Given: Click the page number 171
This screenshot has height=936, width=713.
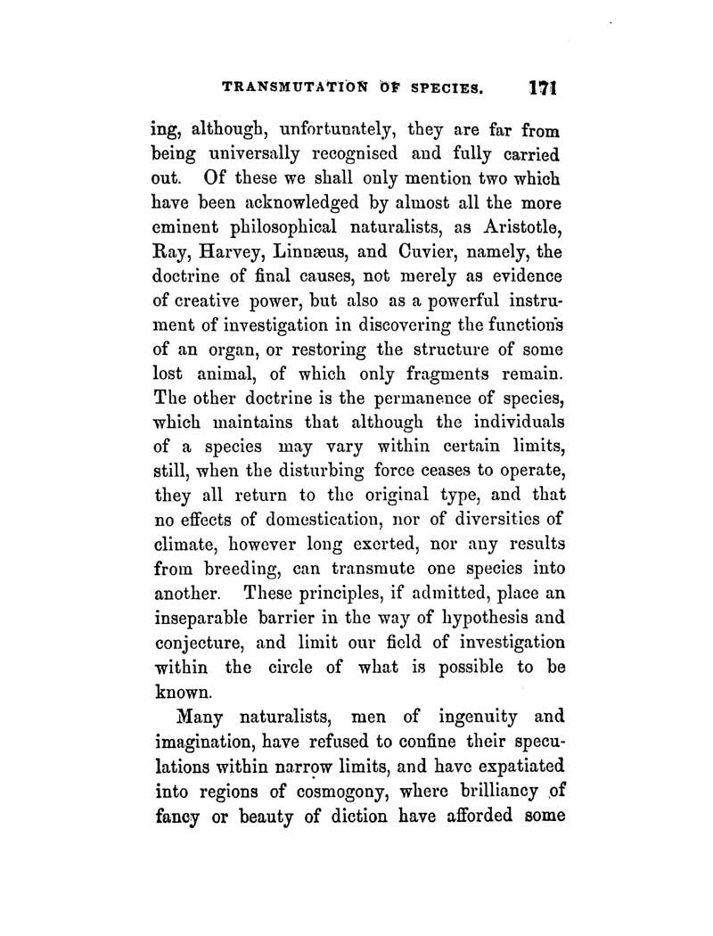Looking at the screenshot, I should click(541, 89).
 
